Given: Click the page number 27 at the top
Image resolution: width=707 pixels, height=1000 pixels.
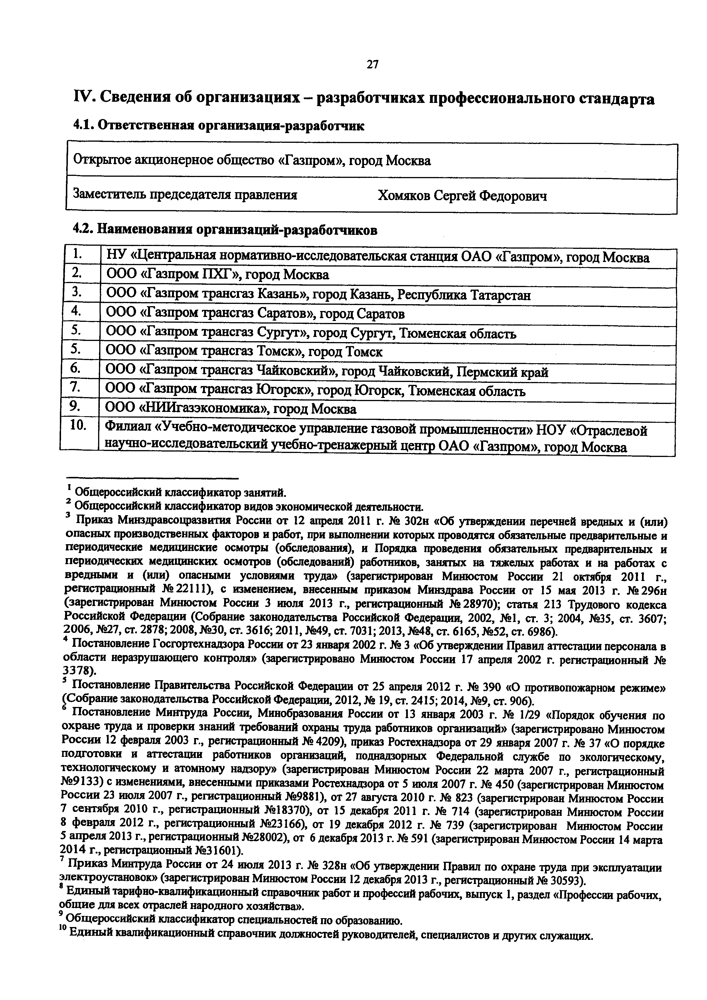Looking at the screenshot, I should tap(373, 65).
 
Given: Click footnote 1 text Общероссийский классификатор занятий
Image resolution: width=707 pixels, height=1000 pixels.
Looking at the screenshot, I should tap(181, 492).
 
